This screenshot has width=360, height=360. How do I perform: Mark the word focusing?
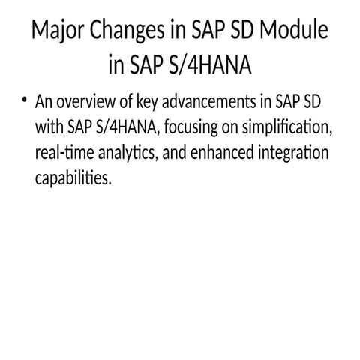[193, 127]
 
